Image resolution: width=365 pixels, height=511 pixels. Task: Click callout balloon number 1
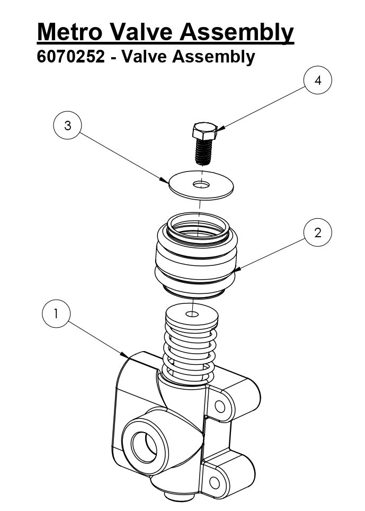57,314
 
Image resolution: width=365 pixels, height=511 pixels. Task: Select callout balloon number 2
318,232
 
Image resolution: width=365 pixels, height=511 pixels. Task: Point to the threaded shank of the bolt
204,151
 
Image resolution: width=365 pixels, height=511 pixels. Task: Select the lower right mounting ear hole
215,482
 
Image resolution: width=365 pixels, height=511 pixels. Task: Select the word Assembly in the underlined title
236,32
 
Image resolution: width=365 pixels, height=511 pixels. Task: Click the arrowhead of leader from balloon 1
128,356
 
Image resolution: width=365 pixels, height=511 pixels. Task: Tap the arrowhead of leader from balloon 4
218,129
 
